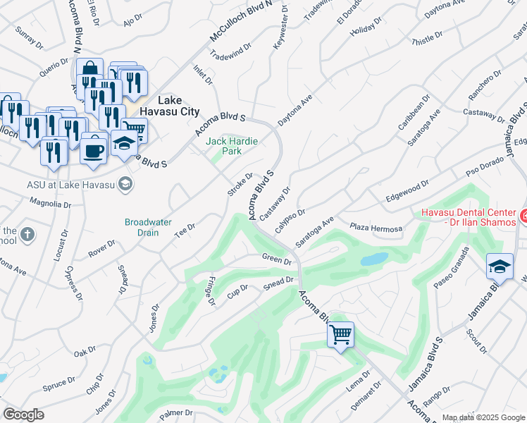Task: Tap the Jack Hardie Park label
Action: click(231, 146)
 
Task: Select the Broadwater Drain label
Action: click(148, 227)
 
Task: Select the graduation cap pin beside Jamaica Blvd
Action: click(499, 267)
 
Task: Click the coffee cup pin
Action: click(94, 149)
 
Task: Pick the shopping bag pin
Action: click(89, 70)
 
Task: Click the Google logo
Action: click(23, 415)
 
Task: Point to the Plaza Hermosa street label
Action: click(376, 227)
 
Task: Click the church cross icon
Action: click(27, 234)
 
